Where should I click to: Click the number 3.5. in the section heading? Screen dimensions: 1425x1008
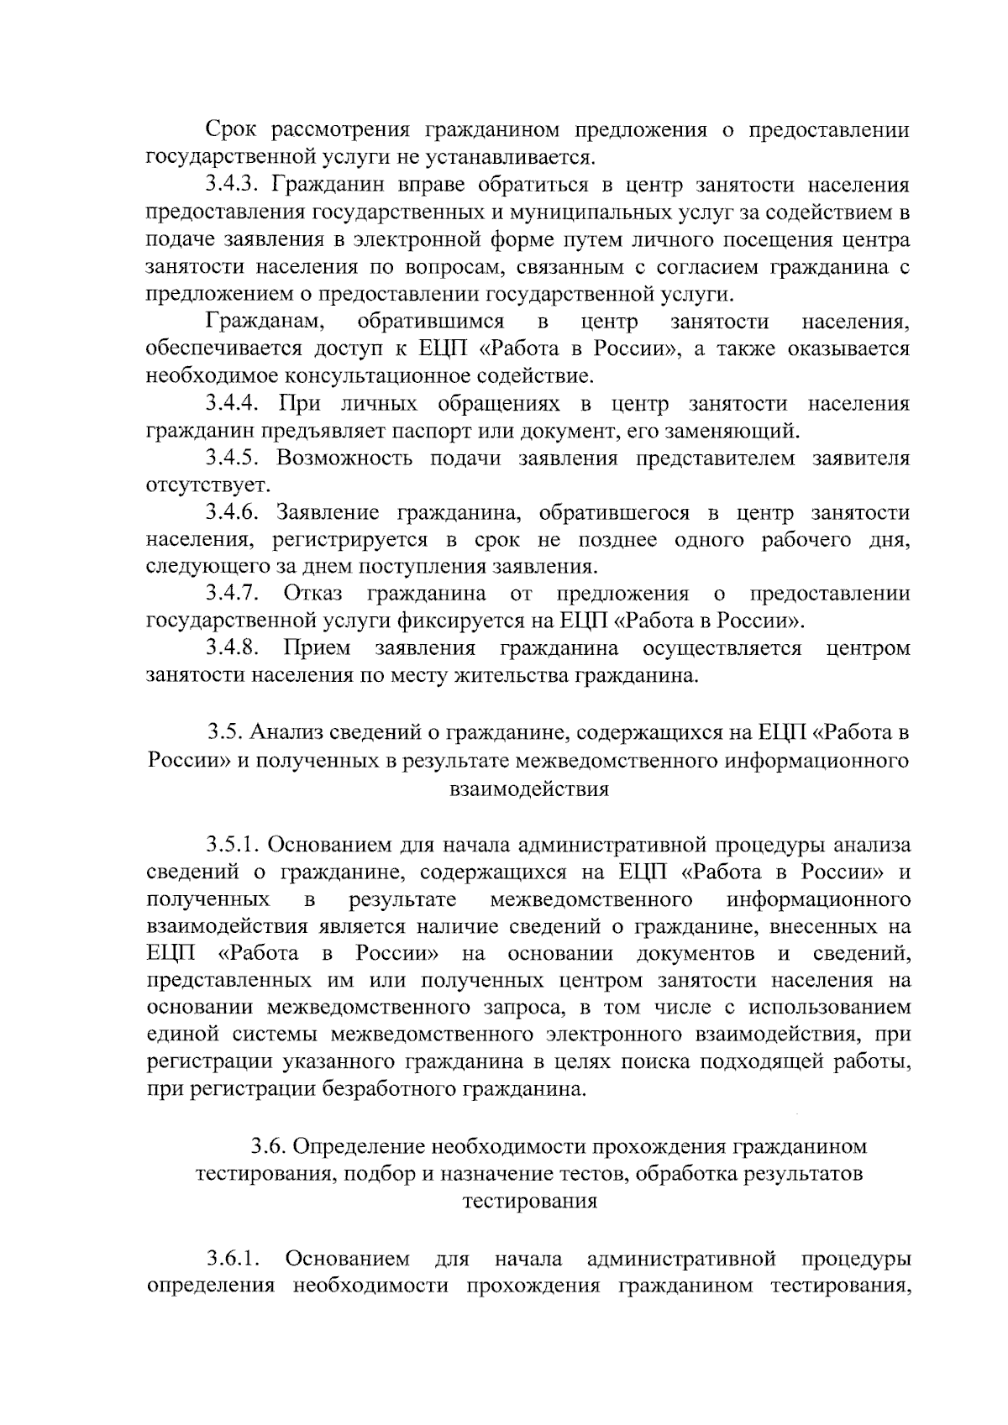tap(225, 732)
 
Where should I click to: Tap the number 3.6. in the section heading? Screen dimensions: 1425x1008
tap(269, 1147)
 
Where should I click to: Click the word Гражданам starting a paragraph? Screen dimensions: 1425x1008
tap(261, 322)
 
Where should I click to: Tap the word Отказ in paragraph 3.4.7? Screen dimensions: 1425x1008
tap(312, 595)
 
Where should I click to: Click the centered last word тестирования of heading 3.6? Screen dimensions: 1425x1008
tap(529, 1202)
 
